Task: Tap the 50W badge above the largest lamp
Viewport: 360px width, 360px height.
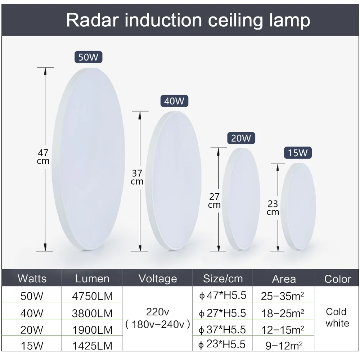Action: click(x=89, y=57)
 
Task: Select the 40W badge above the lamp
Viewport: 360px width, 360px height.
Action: click(x=174, y=101)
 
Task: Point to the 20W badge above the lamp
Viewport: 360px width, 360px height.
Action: click(x=241, y=138)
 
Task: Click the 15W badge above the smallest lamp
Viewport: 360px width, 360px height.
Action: click(x=298, y=153)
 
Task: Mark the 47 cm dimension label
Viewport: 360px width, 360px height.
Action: click(x=43, y=157)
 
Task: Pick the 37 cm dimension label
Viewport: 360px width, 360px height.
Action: click(x=137, y=177)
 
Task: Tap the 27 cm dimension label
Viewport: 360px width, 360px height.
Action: click(x=214, y=201)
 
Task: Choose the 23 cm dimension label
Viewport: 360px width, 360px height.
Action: click(x=273, y=208)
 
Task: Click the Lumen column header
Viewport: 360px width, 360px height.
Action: click(x=92, y=279)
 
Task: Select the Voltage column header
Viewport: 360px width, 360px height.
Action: click(x=158, y=279)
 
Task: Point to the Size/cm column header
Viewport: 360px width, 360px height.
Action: click(x=223, y=279)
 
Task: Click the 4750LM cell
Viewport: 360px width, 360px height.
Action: click(x=92, y=296)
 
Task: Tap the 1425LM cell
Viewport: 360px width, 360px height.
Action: click(x=92, y=346)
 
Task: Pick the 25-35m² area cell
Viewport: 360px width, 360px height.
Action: click(x=283, y=296)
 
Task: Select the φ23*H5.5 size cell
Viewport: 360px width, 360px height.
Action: click(x=223, y=345)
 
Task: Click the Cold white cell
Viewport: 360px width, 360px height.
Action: click(x=337, y=317)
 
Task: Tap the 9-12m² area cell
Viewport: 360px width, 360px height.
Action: click(x=283, y=346)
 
